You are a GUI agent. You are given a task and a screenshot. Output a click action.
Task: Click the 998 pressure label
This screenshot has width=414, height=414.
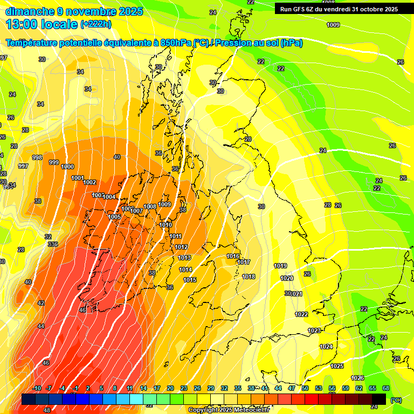(x=37, y=157)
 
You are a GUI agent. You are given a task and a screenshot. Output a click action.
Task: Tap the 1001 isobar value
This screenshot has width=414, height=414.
(x=78, y=178)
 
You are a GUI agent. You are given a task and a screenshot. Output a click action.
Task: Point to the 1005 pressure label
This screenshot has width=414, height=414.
(x=114, y=217)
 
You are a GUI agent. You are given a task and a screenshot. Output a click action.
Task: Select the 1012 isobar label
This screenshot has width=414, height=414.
(x=181, y=247)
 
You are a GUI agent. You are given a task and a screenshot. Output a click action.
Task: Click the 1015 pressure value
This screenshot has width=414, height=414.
(x=190, y=280)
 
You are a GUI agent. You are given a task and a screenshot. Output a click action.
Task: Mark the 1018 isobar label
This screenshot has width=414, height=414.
(x=249, y=277)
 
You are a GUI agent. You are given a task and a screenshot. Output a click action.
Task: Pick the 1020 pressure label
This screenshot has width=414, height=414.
(x=287, y=278)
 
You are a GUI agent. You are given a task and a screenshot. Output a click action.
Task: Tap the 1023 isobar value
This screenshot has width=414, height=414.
(x=314, y=330)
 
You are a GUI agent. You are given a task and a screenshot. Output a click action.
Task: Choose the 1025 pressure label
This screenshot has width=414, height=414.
(x=337, y=366)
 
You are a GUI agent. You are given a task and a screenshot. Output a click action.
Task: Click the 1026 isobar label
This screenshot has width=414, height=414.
(x=357, y=378)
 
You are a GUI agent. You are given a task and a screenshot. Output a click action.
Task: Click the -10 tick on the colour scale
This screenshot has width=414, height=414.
(x=37, y=388)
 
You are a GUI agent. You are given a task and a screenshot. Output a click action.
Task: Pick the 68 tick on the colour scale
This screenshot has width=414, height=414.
(x=385, y=388)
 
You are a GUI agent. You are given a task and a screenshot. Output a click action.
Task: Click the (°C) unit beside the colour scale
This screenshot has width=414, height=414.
(x=396, y=400)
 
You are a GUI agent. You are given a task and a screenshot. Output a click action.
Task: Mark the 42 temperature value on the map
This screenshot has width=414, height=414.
(x=41, y=303)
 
